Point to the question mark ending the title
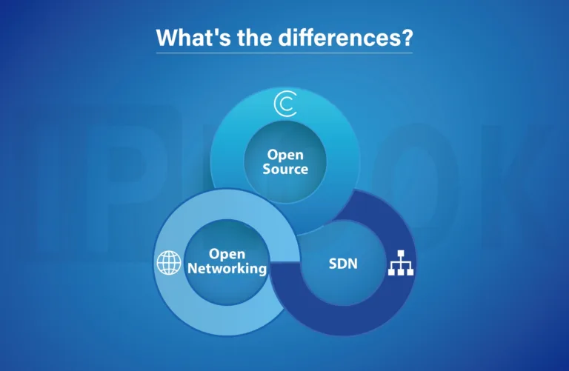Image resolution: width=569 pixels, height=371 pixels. (x=406, y=38)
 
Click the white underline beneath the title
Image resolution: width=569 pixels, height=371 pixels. (x=284, y=53)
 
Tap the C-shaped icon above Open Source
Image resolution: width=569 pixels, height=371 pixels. (x=284, y=105)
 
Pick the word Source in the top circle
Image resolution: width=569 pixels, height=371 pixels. (x=284, y=169)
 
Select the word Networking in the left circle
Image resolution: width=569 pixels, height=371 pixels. (x=227, y=268)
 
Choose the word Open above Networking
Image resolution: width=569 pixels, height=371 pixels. (x=227, y=254)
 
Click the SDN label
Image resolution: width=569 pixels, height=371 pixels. (x=343, y=262)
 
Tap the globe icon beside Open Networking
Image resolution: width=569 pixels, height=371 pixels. (x=168, y=262)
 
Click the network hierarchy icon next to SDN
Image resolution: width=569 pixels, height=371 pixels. (x=401, y=264)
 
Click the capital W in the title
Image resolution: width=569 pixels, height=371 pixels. (x=167, y=38)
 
